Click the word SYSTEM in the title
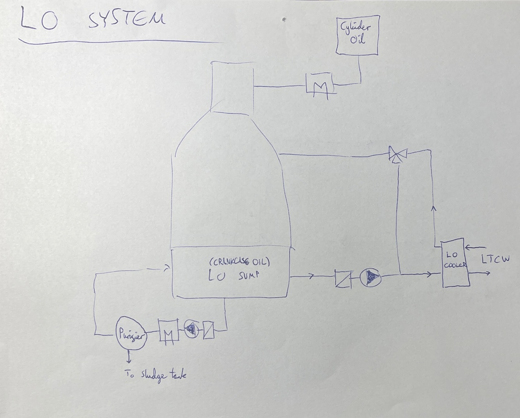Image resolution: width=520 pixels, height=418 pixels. point(126,19)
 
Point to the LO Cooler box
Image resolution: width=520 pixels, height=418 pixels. point(454,264)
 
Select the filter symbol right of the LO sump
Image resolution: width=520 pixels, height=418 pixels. point(343,279)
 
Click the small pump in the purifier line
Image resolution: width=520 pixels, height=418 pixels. point(191,330)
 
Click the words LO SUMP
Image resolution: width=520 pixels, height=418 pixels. point(233,275)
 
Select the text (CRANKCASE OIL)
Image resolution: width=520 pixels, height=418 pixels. point(239,261)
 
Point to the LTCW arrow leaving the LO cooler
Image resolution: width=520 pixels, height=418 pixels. point(479,273)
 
